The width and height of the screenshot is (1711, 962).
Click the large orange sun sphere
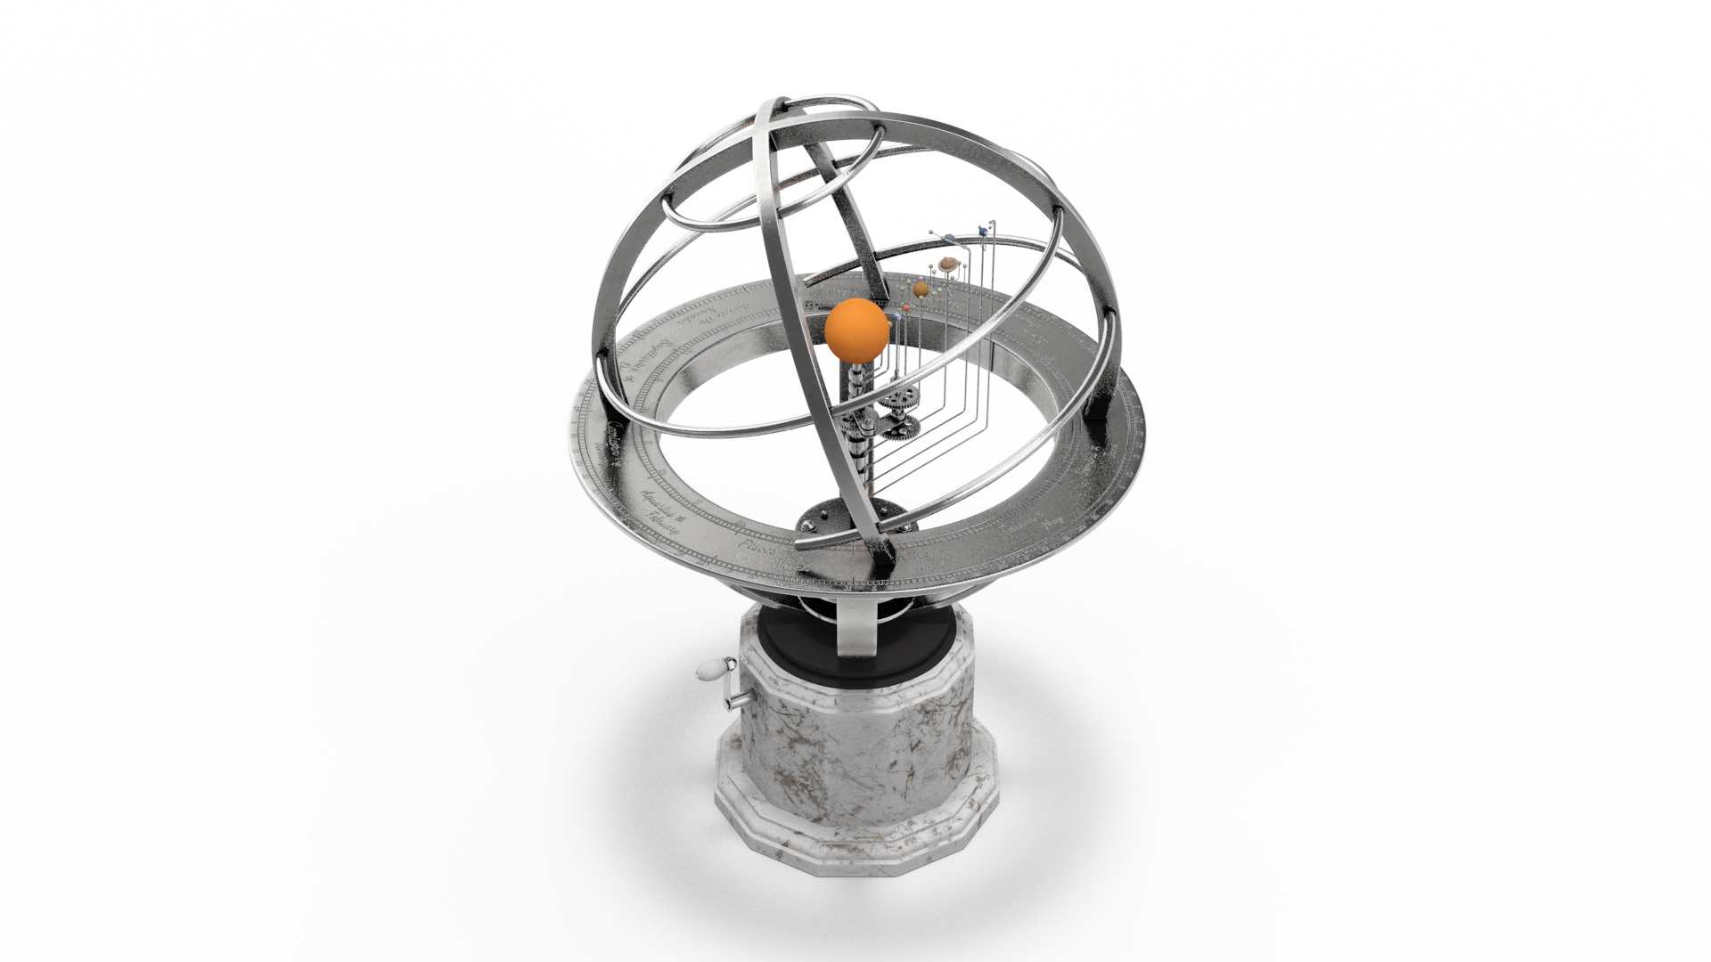[856, 330]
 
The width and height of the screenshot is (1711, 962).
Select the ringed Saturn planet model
[948, 265]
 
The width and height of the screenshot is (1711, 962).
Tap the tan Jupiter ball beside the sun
[921, 289]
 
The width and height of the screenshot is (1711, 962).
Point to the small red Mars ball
[906, 308]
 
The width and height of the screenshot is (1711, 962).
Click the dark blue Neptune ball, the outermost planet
[983, 232]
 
